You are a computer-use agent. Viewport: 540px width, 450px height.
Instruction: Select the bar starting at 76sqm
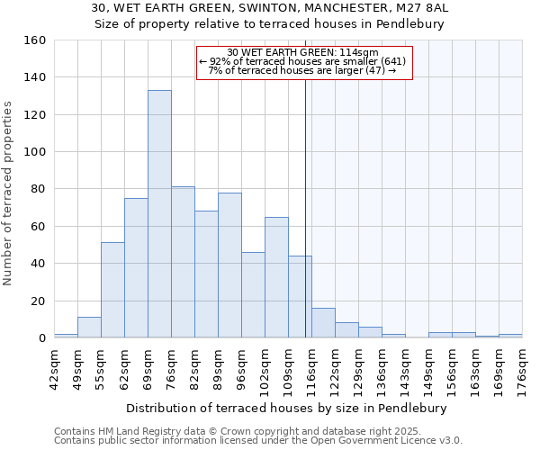(183, 262)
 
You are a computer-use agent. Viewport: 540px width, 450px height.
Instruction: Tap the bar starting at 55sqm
(112, 290)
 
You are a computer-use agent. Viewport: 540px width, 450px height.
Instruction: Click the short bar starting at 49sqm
(89, 328)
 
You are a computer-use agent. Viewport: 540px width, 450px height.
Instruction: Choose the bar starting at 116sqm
(323, 323)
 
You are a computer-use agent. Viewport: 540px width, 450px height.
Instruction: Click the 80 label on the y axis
(39, 189)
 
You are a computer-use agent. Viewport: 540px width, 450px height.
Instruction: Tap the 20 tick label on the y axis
(39, 301)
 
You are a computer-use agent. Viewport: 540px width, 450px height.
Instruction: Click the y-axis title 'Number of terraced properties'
(8, 193)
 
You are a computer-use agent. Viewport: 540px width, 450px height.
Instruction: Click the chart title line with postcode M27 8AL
(270, 7)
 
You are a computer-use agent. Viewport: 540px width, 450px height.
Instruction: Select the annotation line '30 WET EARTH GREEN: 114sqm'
(303, 52)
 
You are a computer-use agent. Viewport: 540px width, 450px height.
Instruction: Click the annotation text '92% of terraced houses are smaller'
(303, 61)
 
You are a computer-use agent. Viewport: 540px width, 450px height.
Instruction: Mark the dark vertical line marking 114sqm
(305, 207)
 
